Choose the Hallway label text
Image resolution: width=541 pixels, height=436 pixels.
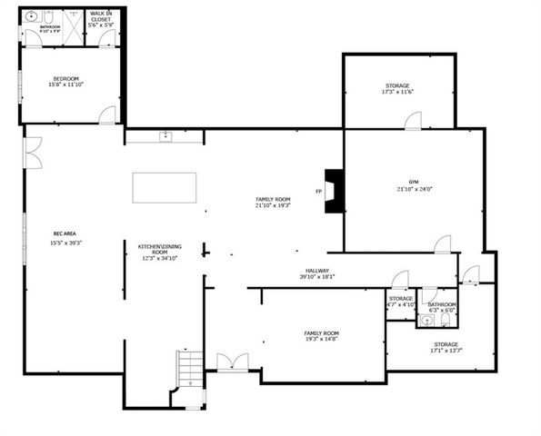coord(317,273)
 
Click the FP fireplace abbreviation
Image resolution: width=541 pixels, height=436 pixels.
coord(318,192)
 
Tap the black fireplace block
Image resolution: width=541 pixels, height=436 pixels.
coord(334,191)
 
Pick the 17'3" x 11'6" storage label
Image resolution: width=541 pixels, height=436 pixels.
coord(397,89)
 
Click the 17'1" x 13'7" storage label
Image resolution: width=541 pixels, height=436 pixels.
coord(446,347)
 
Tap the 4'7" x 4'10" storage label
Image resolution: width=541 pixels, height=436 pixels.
coord(401,302)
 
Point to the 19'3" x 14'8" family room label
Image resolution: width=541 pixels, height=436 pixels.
coord(321,337)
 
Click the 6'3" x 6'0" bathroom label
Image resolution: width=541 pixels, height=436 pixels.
coord(442,307)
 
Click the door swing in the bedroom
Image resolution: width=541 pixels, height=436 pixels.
coord(107,115)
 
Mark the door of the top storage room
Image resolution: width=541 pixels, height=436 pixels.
coord(414,120)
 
